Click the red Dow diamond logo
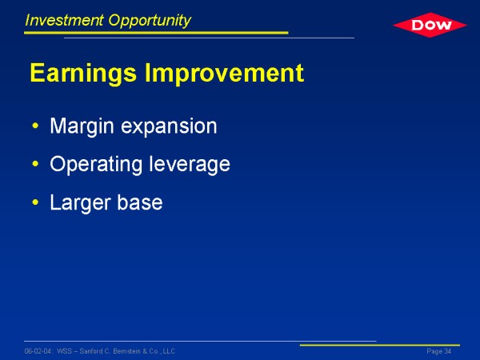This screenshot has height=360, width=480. [430, 25]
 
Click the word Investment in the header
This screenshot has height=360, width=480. [64, 20]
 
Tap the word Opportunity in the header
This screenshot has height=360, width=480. [150, 21]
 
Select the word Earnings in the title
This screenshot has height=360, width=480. [83, 74]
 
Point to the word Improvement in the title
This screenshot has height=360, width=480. [224, 73]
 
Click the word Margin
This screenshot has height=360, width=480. [82, 126]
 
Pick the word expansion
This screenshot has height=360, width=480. [169, 126]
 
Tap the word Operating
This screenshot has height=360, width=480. [96, 165]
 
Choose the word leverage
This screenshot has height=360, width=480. [190, 164]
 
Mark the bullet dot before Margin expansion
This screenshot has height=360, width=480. [35, 126]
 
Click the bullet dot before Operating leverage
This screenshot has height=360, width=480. [35, 164]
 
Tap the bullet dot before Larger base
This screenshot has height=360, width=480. [35, 202]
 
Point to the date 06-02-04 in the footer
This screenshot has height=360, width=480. [38, 351]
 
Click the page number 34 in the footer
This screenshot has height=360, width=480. [448, 351]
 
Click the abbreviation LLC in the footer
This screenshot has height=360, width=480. [169, 351]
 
